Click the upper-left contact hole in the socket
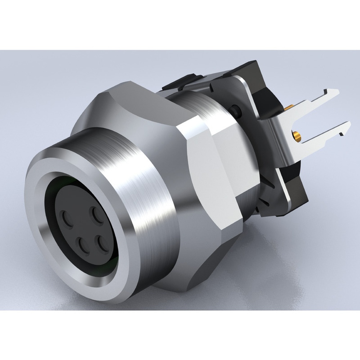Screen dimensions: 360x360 coord(67,219)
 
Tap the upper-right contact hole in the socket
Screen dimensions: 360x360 coord(96,215)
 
